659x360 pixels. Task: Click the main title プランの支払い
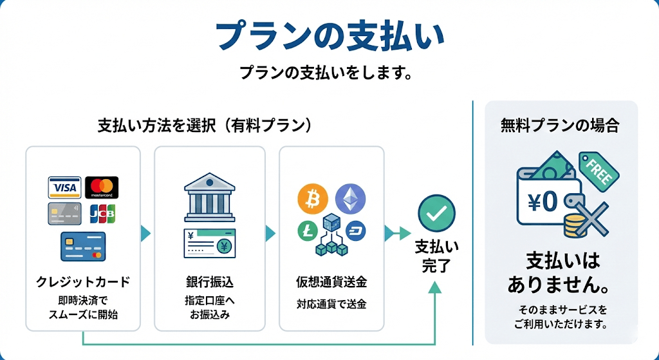pos(329,35)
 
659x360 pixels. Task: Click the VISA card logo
pos(64,187)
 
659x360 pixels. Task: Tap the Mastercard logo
pos(102,187)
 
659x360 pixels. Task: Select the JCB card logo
pos(102,214)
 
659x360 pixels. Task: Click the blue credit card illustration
pos(83,246)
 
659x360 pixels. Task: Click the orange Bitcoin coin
pos(313,199)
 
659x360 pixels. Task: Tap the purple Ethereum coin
pos(350,199)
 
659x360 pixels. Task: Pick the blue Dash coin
pos(355,231)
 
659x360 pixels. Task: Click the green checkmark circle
pos(436,213)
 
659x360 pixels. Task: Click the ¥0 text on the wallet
pos(541,202)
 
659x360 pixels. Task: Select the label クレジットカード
pos(83,281)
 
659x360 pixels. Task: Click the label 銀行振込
pos(209,281)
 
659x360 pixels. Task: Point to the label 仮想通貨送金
pos(331,281)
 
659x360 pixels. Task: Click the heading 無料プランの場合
pos(560,126)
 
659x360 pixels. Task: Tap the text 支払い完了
pos(436,256)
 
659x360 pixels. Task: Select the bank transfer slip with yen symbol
pos(209,243)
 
